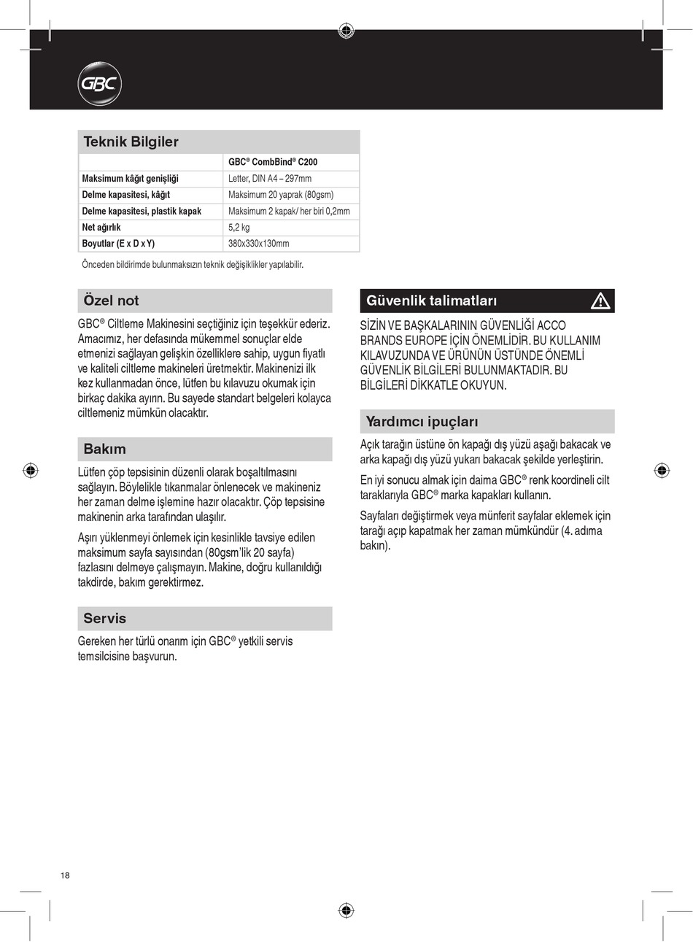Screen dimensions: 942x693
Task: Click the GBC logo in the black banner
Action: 99,85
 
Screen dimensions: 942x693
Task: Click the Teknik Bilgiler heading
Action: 131,142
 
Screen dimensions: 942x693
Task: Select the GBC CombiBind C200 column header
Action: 273,162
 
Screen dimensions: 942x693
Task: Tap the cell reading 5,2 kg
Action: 239,228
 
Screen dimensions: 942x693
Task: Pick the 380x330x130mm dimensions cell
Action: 259,244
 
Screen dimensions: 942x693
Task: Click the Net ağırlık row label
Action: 101,228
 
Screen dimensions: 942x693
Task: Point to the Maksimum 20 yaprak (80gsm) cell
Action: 281,195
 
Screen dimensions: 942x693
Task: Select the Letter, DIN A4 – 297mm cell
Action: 270,179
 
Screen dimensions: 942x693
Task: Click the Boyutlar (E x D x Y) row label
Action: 118,244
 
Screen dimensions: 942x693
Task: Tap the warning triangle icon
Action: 600,301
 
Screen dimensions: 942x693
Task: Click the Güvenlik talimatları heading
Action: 432,301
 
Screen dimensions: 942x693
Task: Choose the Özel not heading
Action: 111,301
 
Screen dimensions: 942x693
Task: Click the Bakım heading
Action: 104,449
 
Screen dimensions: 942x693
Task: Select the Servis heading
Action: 105,618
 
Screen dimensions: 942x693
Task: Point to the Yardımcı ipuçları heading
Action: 422,422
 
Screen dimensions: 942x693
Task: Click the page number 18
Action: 65,875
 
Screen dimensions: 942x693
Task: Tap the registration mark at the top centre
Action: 346,31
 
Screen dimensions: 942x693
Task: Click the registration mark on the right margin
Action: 661,470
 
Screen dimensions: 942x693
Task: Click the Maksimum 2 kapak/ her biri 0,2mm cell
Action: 289,212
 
